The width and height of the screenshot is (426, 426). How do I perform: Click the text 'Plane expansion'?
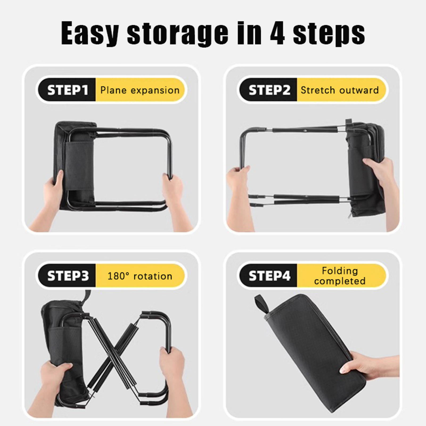tap(140, 90)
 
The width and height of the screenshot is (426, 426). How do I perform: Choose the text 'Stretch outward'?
tap(340, 90)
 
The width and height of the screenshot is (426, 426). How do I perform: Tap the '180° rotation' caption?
tap(140, 276)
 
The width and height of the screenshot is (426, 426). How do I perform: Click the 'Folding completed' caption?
tap(340, 276)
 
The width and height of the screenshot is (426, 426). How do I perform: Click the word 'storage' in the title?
tap(178, 34)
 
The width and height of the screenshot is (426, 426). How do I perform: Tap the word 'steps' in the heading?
tap(329, 34)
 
